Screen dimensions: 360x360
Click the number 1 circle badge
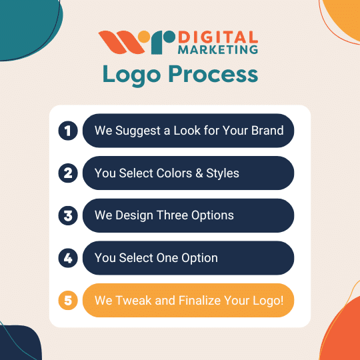click(68, 131)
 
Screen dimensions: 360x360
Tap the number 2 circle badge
click(68, 173)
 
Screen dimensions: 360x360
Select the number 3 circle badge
click(68, 215)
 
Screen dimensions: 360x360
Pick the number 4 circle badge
click(68, 258)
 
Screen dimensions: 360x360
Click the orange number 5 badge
click(68, 300)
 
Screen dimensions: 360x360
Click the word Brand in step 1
click(267, 131)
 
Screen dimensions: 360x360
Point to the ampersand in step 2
click(199, 173)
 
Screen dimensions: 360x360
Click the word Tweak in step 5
click(133, 300)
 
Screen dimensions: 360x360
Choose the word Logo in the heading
click(131, 75)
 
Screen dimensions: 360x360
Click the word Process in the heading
click(213, 74)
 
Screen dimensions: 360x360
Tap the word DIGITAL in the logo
click(218, 37)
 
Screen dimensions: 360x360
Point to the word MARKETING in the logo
click(218, 49)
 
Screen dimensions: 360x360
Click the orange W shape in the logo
click(121, 43)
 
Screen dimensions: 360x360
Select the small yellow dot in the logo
click(144, 37)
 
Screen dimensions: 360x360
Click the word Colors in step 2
click(174, 173)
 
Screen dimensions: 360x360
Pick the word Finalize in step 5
click(199, 300)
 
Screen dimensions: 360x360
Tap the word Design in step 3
click(134, 216)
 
